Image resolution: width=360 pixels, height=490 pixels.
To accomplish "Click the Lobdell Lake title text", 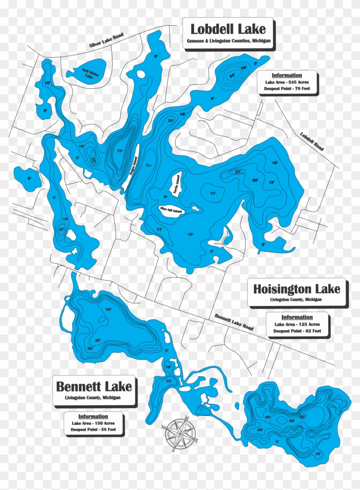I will [x=228, y=29].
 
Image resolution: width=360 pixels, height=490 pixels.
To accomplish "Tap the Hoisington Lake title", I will [x=296, y=289].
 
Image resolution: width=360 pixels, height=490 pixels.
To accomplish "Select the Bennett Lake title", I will [x=94, y=386].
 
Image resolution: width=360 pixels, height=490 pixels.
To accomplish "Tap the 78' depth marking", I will [x=120, y=150].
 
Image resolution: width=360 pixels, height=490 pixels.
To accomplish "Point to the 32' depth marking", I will [x=93, y=160].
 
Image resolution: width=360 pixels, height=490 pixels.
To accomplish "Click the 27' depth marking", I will [x=62, y=229].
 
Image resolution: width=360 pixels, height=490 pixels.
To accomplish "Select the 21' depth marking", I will [x=149, y=165].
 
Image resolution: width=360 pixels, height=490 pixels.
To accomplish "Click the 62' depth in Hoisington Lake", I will [x=302, y=417].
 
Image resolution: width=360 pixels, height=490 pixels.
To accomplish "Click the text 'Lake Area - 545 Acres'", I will [x=287, y=82].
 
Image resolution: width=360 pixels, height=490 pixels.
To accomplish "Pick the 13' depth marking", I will [x=159, y=229].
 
